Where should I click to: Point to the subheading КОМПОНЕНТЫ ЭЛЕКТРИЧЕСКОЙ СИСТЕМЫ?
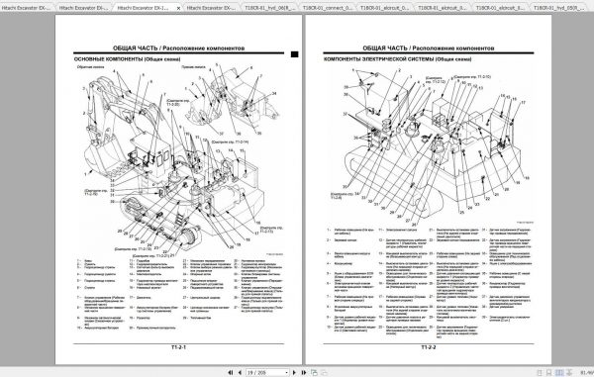(372, 59)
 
